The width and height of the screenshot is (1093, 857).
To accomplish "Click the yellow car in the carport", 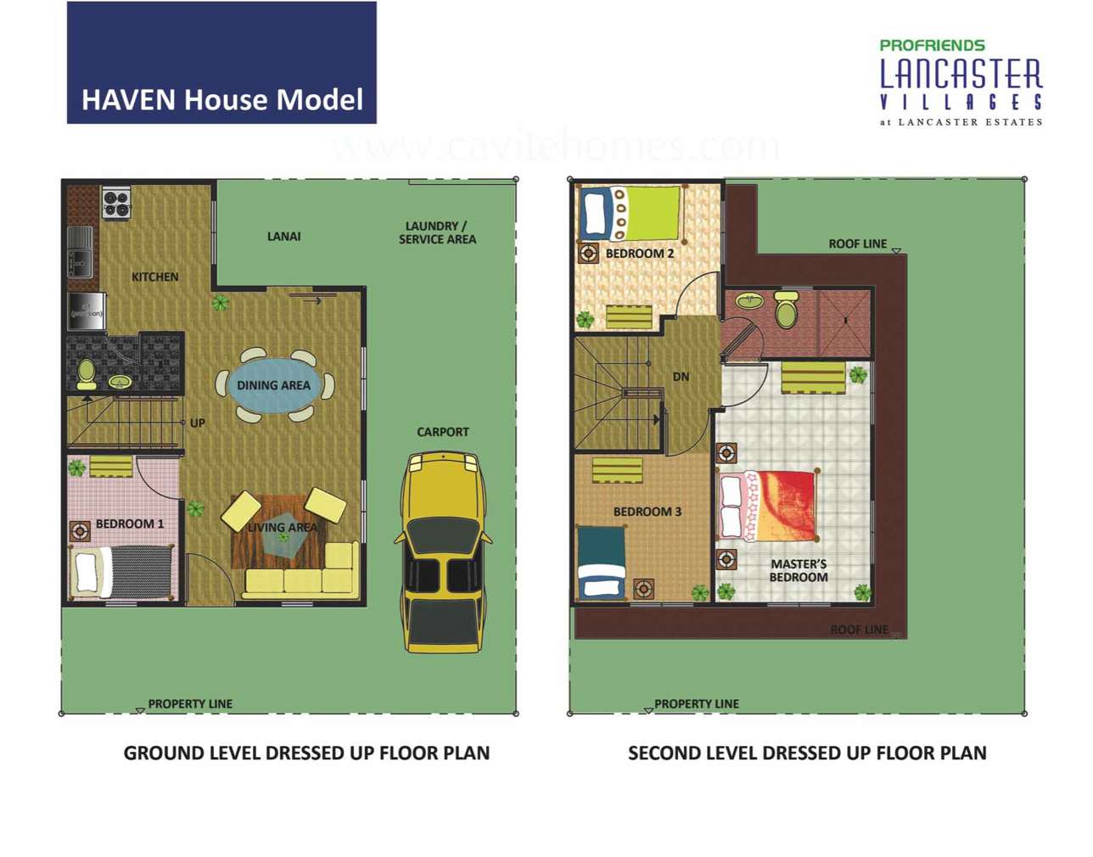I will (443, 552).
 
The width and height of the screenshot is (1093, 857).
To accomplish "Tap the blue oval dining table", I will (274, 385).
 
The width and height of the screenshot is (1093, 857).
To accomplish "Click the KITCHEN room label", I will (154, 277).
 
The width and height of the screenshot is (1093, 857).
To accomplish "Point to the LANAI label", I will (283, 236).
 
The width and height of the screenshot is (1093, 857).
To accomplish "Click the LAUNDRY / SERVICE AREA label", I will (437, 232).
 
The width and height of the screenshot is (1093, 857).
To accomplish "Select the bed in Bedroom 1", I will (123, 571).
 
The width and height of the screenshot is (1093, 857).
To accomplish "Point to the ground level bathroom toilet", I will (87, 374).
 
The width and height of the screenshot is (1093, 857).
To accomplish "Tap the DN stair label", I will (681, 377).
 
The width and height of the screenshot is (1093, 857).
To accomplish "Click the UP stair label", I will (197, 423).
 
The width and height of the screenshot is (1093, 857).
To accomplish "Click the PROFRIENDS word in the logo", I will (932, 45).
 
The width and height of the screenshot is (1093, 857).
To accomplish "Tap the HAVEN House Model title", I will (222, 99).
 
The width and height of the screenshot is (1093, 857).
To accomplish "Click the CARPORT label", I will (442, 432).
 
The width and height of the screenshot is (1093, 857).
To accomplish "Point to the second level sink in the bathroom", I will (748, 301).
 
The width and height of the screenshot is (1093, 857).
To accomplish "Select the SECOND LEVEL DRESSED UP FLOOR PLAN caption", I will (806, 753).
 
